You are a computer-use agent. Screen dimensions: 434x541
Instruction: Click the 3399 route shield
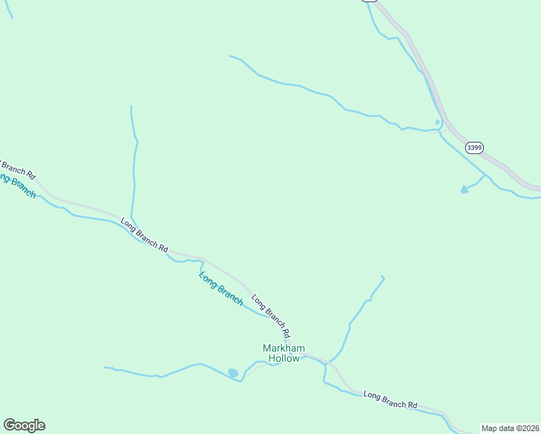coord(474,148)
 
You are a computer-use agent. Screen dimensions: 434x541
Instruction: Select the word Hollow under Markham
coord(284,358)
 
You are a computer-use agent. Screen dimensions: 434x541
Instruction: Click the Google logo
coord(24,425)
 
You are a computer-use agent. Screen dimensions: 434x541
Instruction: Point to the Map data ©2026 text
coord(511,428)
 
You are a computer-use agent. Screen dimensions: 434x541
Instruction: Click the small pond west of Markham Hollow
coord(233,373)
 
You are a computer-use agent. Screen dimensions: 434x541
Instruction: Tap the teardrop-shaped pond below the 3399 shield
coord(464,190)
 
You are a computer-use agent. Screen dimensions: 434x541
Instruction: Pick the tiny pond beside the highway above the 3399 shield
coord(437,122)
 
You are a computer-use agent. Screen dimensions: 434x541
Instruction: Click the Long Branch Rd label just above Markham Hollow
coord(270,315)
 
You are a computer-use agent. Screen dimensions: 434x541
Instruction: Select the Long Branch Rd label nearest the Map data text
coord(391,400)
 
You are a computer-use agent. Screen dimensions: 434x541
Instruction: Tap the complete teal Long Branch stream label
coord(221,288)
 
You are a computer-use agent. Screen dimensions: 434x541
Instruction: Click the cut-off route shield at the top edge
coord(370,1)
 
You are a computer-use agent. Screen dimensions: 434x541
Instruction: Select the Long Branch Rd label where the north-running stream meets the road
coord(144,235)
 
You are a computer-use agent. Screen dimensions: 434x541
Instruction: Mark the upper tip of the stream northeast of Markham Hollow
coord(382,276)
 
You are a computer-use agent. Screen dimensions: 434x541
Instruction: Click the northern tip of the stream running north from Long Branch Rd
coord(131,107)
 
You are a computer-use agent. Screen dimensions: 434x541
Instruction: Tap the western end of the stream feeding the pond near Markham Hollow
coord(105,367)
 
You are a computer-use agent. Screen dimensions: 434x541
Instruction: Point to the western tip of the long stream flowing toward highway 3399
coord(230,56)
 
